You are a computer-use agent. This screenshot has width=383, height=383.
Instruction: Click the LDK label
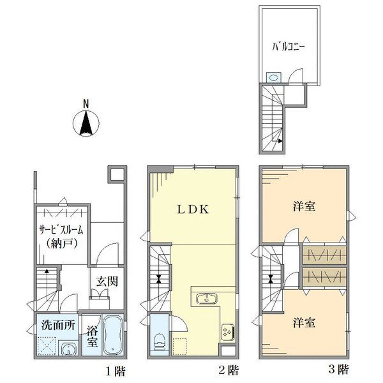click(x=191, y=209)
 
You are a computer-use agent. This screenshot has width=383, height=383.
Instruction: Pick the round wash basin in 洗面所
click(x=68, y=347)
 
